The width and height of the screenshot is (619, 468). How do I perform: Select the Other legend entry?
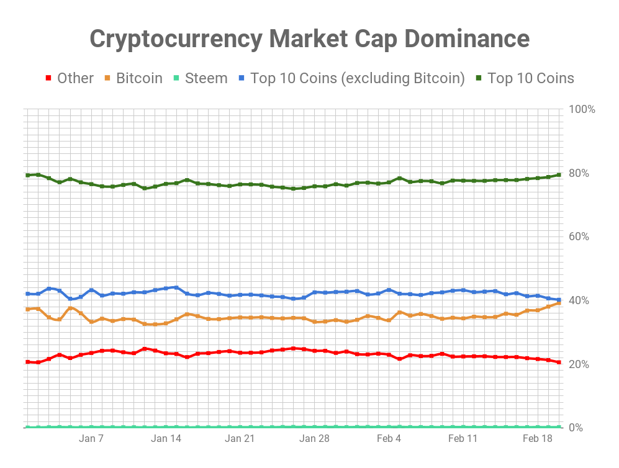click(x=75, y=78)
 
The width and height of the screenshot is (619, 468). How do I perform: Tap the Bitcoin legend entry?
click(x=139, y=78)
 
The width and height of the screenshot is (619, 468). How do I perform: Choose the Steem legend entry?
click(x=207, y=78)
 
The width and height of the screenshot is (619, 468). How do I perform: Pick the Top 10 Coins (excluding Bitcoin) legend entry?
click(x=358, y=78)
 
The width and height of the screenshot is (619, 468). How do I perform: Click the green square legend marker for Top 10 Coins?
click(x=479, y=78)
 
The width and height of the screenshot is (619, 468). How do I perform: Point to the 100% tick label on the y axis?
click(x=582, y=109)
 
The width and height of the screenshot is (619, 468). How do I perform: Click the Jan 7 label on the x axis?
click(x=91, y=439)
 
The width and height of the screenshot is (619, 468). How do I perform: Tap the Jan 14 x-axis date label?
click(x=166, y=439)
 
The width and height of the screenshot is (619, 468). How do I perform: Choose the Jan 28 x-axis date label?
click(x=314, y=439)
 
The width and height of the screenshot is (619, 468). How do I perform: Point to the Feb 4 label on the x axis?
click(x=389, y=439)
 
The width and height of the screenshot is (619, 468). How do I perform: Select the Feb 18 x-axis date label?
click(x=537, y=439)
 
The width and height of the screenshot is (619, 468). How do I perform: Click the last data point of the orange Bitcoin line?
click(x=559, y=303)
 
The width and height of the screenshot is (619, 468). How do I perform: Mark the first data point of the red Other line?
click(x=27, y=362)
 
